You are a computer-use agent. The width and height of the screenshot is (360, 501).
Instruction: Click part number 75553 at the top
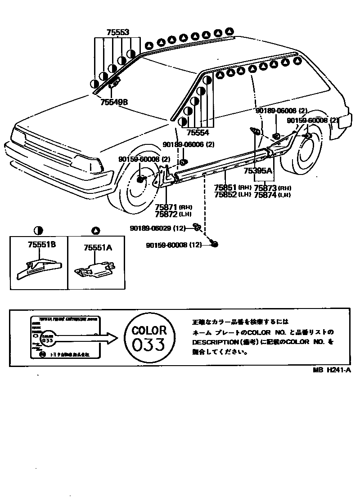click(118, 32)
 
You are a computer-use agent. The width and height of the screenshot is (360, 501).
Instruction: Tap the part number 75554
click(198, 132)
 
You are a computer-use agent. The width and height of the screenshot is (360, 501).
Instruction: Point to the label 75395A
click(258, 170)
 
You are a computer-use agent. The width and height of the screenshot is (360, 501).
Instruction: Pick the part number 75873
click(265, 188)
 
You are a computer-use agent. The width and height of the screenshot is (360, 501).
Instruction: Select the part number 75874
click(265, 195)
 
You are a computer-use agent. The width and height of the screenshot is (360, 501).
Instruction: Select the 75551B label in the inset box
click(41, 245)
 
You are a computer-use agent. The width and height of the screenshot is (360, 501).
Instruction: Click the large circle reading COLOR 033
click(148, 338)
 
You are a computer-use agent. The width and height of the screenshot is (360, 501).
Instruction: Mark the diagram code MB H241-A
click(332, 370)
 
